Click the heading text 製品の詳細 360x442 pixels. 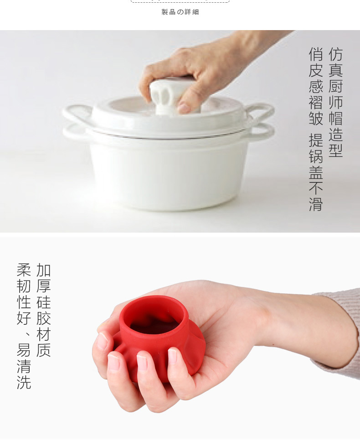[x=180, y=12]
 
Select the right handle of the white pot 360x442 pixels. [x=260, y=120]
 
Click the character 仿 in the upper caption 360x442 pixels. [x=335, y=54]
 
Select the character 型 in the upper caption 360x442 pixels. [x=335, y=150]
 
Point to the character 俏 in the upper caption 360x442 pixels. [x=316, y=54]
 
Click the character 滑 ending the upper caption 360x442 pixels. [x=316, y=204]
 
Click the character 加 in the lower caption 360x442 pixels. [x=43, y=270]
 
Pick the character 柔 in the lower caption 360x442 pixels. [x=24, y=270]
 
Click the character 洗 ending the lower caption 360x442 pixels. [x=24, y=382]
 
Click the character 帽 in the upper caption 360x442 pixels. [x=335, y=119]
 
